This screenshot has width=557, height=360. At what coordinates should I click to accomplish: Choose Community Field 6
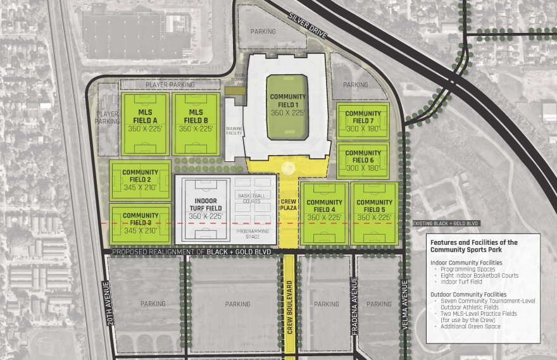[x=363, y=161]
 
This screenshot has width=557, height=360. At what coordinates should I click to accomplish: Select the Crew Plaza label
[x=289, y=204]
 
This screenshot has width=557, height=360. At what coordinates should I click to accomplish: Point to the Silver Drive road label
[x=308, y=26]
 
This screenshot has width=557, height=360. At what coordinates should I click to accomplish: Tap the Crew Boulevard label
[x=289, y=309]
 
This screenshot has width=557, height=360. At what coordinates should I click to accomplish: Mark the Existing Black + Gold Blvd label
[x=446, y=223]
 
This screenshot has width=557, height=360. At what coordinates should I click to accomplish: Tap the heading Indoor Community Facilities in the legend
[x=467, y=262]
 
